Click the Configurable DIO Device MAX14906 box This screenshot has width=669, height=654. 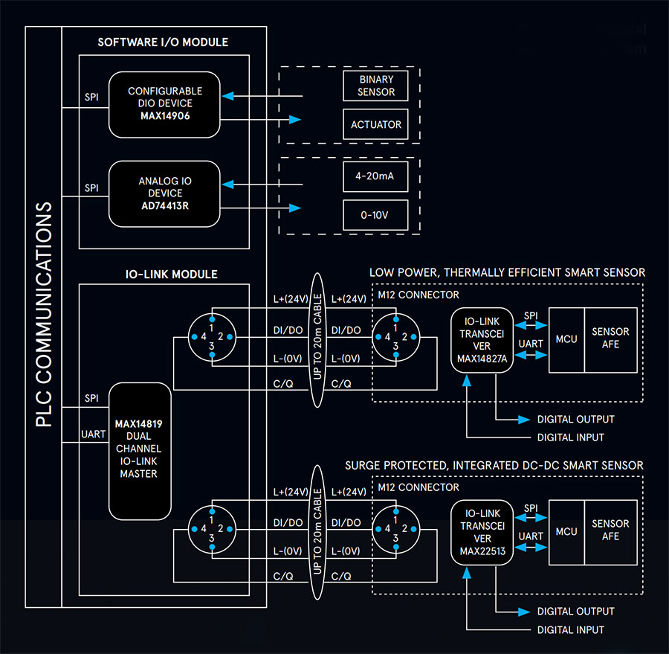(x=164, y=104)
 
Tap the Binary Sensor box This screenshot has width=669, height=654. (x=376, y=86)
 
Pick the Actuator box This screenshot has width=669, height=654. (x=376, y=124)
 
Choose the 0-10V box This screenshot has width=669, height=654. (x=376, y=216)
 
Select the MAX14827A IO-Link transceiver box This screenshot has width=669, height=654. (x=482, y=340)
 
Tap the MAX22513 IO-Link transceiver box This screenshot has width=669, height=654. (x=482, y=533)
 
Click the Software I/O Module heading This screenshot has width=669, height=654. (x=163, y=42)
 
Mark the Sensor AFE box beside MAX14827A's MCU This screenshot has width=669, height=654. (x=610, y=339)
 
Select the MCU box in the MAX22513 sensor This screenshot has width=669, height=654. (x=566, y=532)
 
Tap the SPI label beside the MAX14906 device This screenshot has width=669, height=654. (x=91, y=97)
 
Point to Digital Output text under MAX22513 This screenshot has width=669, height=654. (x=575, y=611)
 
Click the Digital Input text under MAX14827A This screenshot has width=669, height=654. (x=570, y=437)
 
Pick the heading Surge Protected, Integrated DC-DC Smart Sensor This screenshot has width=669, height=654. (x=494, y=466)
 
